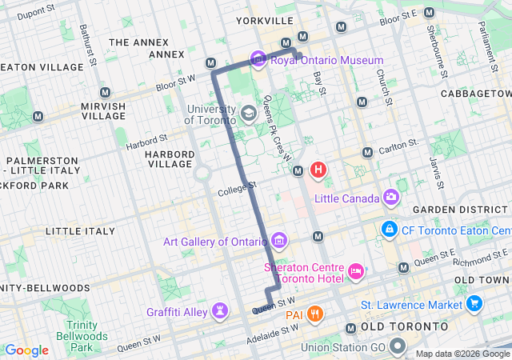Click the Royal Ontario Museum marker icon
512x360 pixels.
click(258, 60)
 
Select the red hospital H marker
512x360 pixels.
click(318, 170)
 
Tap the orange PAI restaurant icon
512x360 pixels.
click(316, 314)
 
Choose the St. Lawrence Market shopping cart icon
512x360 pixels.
click(474, 305)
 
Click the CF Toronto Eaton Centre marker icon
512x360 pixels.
click(390, 229)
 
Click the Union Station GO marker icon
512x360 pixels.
click(398, 347)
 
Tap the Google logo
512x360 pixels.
click(27, 350)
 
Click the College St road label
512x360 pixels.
click(237, 190)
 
